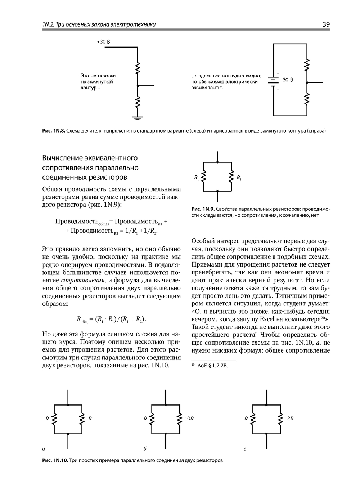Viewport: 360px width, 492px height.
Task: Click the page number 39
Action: [x=326, y=24]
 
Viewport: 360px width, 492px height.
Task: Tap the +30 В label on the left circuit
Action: [x=104, y=42]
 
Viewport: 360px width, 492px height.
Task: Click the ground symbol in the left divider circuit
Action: [x=137, y=117]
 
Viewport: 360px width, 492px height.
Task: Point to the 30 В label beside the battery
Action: [x=288, y=80]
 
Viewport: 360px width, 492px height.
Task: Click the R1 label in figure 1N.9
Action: [x=196, y=178]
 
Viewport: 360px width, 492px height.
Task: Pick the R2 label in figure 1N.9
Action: [x=239, y=178]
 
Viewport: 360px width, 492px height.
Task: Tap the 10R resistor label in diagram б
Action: [x=189, y=419]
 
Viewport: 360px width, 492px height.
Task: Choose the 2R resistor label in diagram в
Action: [x=290, y=419]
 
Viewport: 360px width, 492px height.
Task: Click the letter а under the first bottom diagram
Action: [x=44, y=449]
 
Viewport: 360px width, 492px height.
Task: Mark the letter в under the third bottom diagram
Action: [x=245, y=449]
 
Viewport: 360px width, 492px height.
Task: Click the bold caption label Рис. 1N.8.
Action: [x=54, y=131]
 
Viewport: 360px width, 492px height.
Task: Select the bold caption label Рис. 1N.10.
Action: [x=55, y=460]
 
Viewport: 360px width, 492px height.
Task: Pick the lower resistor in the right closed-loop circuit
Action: [x=307, y=99]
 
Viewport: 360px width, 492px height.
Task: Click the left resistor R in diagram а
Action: [x=54, y=419]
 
